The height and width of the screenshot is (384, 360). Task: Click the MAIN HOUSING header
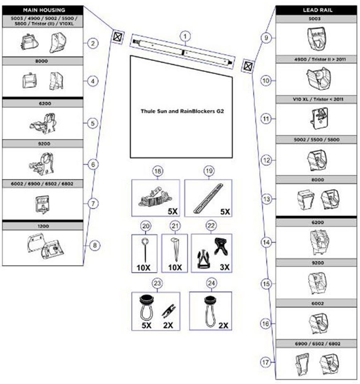[x=44, y=10]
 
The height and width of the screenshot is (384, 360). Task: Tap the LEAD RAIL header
[x=317, y=10]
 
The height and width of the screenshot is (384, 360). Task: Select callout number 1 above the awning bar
[x=185, y=36]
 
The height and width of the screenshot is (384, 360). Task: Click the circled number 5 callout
[x=93, y=123]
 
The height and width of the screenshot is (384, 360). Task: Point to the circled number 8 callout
[x=95, y=245]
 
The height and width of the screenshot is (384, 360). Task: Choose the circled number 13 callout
[x=266, y=199]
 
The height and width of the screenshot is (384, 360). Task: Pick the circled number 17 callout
[x=265, y=362]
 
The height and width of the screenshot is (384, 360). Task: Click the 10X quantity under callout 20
[x=144, y=268]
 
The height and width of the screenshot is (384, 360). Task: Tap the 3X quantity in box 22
[x=225, y=267]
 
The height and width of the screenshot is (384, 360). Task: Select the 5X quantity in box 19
[x=225, y=212]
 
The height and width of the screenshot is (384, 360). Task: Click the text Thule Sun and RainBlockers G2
[x=182, y=111]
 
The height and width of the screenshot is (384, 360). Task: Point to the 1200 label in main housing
[x=43, y=226]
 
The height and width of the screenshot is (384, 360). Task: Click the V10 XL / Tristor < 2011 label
[x=318, y=99]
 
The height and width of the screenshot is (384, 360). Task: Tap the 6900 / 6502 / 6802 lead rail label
[x=317, y=343]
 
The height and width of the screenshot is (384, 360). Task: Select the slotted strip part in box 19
[x=208, y=198]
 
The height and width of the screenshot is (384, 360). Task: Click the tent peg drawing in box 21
[x=175, y=249]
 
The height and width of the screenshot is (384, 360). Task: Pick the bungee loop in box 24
[x=210, y=312]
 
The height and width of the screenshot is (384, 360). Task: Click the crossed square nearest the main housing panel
[x=118, y=37]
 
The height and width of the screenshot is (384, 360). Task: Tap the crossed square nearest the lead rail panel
[x=248, y=66]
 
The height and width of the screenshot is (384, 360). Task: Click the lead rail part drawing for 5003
[x=317, y=39]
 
